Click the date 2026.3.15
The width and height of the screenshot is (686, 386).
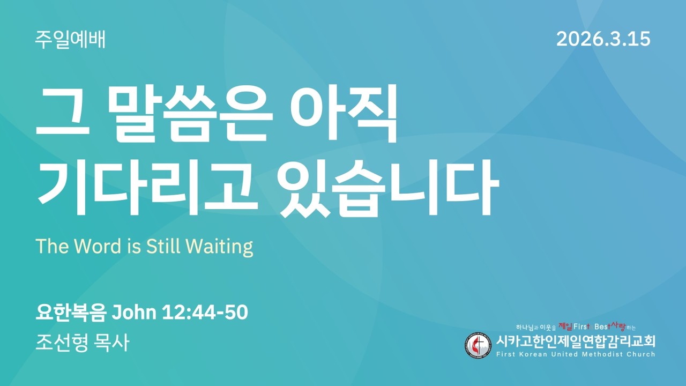pyautogui.click(x=603, y=39)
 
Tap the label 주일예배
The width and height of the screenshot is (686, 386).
pyautogui.click(x=70, y=40)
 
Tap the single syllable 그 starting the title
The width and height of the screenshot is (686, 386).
pyautogui.click(x=61, y=114)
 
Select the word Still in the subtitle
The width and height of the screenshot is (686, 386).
pyautogui.click(x=166, y=246)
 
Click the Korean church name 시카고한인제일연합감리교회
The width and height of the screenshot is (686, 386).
pyautogui.click(x=576, y=341)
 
